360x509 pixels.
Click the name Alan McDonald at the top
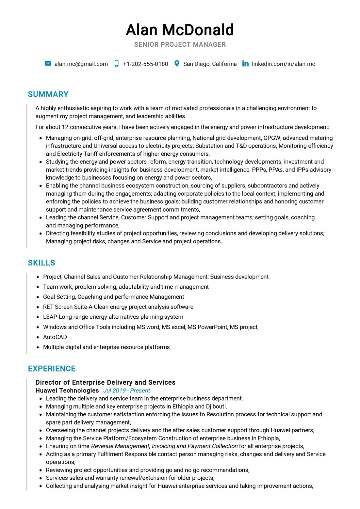(180, 30)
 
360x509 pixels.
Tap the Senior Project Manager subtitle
(180, 44)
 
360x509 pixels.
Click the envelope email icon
(48, 64)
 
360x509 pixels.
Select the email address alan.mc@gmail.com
(81, 64)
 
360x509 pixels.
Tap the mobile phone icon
(116, 64)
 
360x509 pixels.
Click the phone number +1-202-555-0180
(145, 64)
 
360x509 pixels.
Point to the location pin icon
(177, 64)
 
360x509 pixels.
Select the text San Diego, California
(210, 64)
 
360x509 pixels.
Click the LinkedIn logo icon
(245, 64)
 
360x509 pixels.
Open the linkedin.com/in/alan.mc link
(283, 64)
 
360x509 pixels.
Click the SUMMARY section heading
(48, 94)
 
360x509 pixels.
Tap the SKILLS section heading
(41, 263)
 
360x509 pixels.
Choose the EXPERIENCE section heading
(52, 369)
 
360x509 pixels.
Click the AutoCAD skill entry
(55, 337)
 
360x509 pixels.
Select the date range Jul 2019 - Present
(126, 390)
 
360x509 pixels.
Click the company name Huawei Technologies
(67, 390)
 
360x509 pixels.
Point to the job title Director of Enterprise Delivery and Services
(105, 382)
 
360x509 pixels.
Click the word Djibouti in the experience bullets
(216, 406)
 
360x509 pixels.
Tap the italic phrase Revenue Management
(120, 446)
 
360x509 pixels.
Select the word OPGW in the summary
(272, 138)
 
